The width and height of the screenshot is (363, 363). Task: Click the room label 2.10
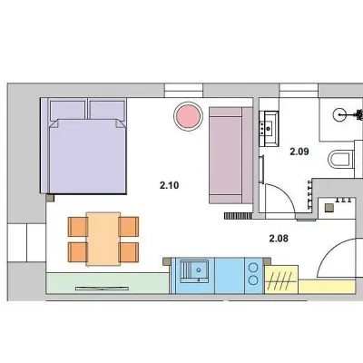pyautogui.click(x=170, y=185)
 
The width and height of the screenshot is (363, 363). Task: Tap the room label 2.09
pyautogui.click(x=299, y=152)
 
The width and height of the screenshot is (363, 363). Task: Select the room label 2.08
pyautogui.click(x=279, y=239)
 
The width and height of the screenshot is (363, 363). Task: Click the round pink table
pyautogui.click(x=188, y=116)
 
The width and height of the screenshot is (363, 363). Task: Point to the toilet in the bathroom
pyautogui.click(x=341, y=159)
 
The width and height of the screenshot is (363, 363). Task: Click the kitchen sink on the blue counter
pyautogui.click(x=194, y=271)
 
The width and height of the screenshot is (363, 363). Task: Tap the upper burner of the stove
pyautogui.click(x=253, y=268)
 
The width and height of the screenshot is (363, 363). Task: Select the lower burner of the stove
pyautogui.click(x=253, y=280)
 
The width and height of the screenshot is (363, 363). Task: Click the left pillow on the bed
pyautogui.click(x=67, y=111)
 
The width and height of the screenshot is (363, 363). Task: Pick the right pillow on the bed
pyautogui.click(x=107, y=111)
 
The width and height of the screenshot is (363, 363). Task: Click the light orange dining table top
pyautogui.click(x=103, y=239)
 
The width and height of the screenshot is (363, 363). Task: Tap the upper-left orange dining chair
pyautogui.click(x=78, y=227)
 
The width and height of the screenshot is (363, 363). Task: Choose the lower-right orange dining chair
pyautogui.click(x=129, y=252)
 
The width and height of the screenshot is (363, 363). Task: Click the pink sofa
pyautogui.click(x=231, y=155)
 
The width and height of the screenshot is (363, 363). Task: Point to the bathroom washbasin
pyautogui.click(x=269, y=128)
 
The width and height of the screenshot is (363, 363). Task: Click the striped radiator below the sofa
pyautogui.click(x=239, y=215)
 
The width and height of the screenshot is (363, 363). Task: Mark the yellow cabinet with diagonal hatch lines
pyautogui.click(x=281, y=280)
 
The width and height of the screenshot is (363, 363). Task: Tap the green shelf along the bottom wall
pyautogui.click(x=107, y=283)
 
